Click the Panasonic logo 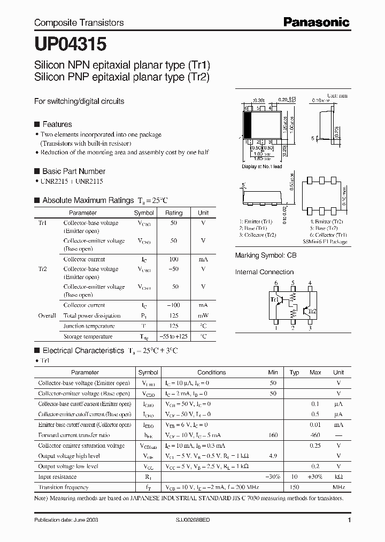[317, 22]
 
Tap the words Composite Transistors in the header [79, 22]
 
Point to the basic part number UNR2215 [55, 182]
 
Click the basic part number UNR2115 [89, 182]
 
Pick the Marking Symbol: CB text [265, 256]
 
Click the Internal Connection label [265, 272]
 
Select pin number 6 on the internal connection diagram [276, 283]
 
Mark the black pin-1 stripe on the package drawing [248, 127]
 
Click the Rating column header [174, 213]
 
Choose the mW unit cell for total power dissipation [203, 315]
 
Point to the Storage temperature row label [88, 336]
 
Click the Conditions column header [211, 372]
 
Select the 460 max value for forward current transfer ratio [315, 435]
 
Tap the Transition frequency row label [63, 487]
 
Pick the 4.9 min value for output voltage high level [273, 456]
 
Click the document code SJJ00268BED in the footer [196, 520]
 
